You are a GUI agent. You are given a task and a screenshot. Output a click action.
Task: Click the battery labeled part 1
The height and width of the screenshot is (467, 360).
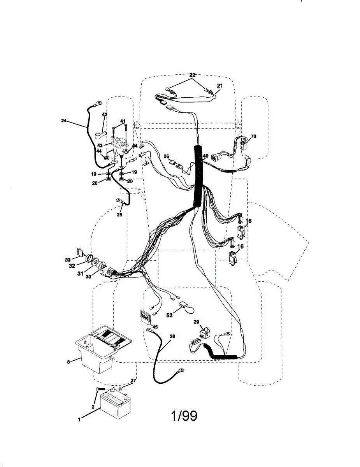pyautogui.click(x=116, y=404)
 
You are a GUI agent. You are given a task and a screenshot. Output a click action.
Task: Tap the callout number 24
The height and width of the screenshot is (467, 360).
pyautogui.click(x=64, y=121)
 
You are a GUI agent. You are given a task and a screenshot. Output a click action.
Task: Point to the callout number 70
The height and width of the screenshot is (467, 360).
pyautogui.click(x=253, y=136)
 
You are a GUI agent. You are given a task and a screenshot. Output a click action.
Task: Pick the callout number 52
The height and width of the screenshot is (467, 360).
pyautogui.click(x=169, y=315)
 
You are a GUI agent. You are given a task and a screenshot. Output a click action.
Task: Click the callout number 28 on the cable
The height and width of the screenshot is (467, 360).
pyautogui.click(x=172, y=336)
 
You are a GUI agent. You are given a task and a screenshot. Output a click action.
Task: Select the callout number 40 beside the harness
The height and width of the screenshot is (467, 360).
pyautogui.click(x=205, y=156)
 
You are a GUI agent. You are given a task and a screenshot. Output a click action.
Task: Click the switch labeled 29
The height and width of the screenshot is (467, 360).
pyautogui.click(x=205, y=334)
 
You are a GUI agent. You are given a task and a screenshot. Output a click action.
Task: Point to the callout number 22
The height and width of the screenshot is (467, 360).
pyautogui.click(x=192, y=75)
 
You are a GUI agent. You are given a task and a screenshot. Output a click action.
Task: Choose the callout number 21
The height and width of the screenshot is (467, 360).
pyautogui.click(x=220, y=86)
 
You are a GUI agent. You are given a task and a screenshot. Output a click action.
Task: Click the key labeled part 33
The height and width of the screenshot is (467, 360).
pyautogui.click(x=80, y=252)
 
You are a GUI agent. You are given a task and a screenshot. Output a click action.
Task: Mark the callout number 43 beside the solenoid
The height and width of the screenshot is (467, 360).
pyautogui.click(x=100, y=146)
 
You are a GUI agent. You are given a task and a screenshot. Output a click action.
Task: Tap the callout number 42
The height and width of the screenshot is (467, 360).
pyautogui.click(x=104, y=114)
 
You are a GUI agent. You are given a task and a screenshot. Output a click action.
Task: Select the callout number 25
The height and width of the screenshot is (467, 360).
pyautogui.click(x=119, y=214)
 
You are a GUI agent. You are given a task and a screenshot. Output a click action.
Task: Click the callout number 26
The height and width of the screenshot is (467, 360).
pyautogui.click(x=166, y=156)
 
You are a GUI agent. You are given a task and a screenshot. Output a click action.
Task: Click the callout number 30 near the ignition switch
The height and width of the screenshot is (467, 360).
pyautogui.click(x=88, y=277)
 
